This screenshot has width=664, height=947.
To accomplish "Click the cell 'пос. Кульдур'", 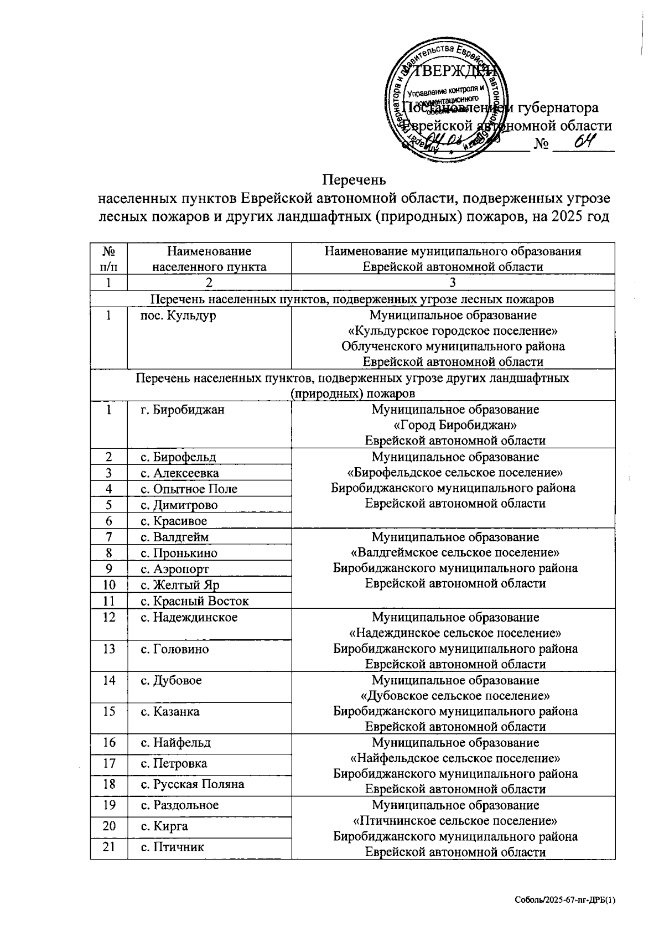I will pos(178,315).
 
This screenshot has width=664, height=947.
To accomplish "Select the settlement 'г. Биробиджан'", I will pos(182,410).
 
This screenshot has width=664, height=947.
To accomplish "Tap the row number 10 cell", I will pos(109,584).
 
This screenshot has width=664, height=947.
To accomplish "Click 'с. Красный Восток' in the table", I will pos(194,601).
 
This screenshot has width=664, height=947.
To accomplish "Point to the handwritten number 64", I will pos(584,142).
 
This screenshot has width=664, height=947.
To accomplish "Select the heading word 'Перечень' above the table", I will pos(354,180).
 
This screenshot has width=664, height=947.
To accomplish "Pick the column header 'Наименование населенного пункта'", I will pos(209,258).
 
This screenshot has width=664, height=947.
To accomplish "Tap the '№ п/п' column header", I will pos(109,258).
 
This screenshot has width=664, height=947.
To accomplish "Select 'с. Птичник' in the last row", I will pos(172,847).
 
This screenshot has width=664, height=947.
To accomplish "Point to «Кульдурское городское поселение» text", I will pos(452,331).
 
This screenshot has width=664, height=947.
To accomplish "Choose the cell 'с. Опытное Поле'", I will pos(189,489).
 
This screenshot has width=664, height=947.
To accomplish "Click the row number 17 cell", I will pos(109,763).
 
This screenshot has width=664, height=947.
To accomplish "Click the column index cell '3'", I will pos(452,282).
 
